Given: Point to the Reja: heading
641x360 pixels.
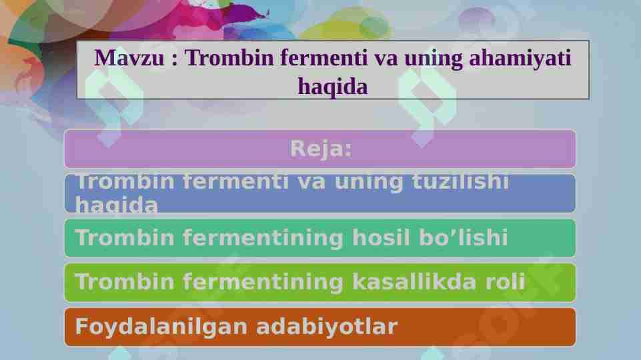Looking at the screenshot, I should [x=320, y=149].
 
